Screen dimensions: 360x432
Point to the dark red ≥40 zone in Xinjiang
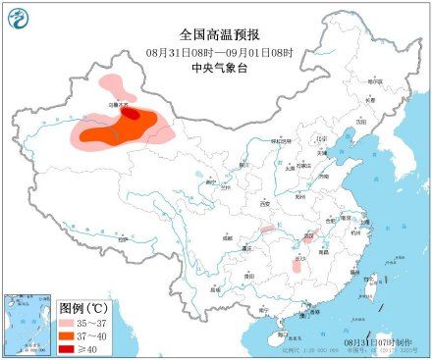point(129,114)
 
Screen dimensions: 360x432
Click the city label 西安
point(263,203)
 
